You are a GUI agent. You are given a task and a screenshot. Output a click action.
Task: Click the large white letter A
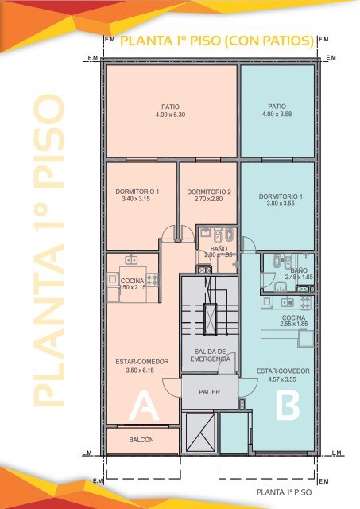click(144, 406)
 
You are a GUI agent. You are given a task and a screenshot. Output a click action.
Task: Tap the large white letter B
click(288, 406)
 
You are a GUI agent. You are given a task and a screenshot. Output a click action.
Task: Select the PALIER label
click(210, 392)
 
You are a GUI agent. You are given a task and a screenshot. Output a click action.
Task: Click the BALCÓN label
click(141, 440)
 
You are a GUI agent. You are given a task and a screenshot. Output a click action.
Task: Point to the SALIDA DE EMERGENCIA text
click(210, 356)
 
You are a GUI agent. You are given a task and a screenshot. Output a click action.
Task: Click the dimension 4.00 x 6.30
click(170, 115)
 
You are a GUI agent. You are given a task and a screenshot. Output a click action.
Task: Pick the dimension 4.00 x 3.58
click(277, 114)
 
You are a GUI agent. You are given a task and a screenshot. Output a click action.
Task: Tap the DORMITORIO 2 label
click(209, 192)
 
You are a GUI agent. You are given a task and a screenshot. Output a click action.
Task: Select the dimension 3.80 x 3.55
click(281, 204)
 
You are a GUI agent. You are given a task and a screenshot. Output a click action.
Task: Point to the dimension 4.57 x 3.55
click(283, 379)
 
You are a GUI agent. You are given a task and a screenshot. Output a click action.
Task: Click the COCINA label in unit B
click(293, 317)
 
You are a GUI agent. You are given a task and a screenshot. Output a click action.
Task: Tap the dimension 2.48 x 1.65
click(299, 278)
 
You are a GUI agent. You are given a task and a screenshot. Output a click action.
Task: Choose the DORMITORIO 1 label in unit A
click(137, 192)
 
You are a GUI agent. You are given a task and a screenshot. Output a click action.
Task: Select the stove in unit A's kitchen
click(152, 279)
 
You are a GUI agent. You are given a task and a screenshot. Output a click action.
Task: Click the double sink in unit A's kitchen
click(131, 260)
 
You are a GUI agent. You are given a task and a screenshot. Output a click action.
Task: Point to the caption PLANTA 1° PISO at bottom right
click(285, 492)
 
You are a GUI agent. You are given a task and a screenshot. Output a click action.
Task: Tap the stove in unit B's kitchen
click(305, 302)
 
